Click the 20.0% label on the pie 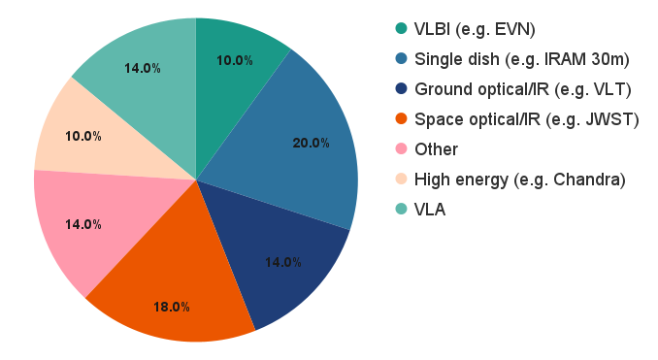[311, 143]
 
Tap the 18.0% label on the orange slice [172, 307]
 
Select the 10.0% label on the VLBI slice [234, 60]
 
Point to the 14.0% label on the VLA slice [142, 68]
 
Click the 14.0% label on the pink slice [83, 223]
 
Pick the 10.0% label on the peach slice [83, 136]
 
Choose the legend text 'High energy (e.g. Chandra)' [519, 179]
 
